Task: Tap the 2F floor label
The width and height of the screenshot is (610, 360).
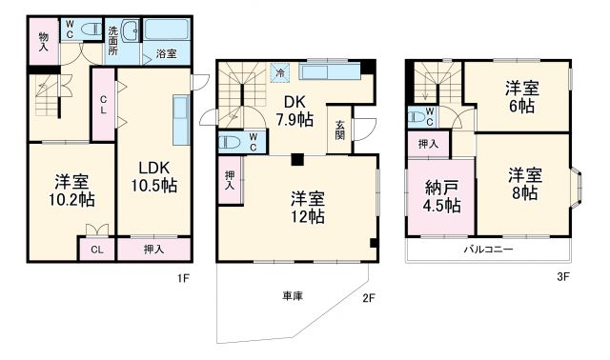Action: [x=368, y=297]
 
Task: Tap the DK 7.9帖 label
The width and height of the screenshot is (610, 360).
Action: [x=295, y=112]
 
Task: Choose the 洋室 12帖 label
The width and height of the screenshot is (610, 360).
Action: [x=307, y=207]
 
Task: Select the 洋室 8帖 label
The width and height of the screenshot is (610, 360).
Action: [x=523, y=185]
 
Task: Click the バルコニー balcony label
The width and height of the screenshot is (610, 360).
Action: [x=488, y=249]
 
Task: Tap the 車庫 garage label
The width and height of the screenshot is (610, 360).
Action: [x=292, y=296]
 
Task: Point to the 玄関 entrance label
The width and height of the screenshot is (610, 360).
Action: [x=341, y=129]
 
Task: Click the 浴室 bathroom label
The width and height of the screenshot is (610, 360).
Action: [x=165, y=54]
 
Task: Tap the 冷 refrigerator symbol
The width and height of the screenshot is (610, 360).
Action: [x=279, y=71]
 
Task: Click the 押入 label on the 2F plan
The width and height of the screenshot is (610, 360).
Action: [x=230, y=181]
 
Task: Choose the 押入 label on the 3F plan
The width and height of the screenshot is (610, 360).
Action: [x=429, y=144]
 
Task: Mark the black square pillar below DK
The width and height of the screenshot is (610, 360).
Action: [x=298, y=158]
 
